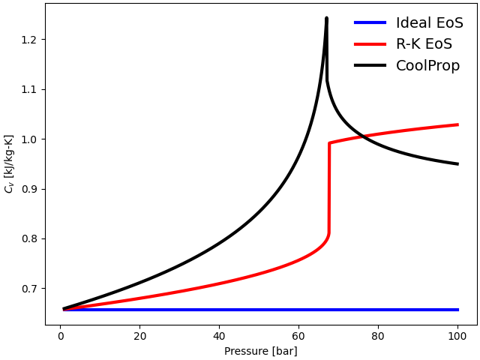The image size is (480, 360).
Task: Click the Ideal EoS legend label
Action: pos(429,23)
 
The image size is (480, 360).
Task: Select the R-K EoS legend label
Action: pos(424,44)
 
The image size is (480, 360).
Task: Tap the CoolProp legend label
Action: pos(427,66)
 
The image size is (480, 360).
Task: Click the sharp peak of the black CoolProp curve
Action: pos(326,18)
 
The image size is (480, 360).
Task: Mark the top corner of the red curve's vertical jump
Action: pos(329,142)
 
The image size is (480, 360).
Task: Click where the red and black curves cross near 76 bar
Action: pos(362,136)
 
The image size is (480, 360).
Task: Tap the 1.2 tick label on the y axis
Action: pos(28,40)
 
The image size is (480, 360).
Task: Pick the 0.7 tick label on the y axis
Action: pos(28,289)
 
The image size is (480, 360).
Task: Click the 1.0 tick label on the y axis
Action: pos(28,139)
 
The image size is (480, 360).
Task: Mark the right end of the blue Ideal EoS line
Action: pos(457,310)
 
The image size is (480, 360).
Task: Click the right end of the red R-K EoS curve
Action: pos(457,124)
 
